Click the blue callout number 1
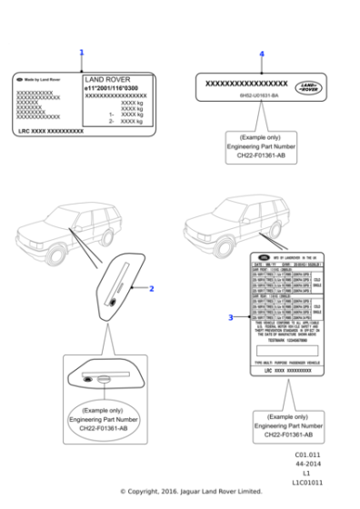tap(81, 53)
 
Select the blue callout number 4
tap(262, 55)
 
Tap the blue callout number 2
tap(151, 288)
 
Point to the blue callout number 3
tap(230, 317)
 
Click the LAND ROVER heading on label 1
tap(107, 79)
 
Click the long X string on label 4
tap(247, 84)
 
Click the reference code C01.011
tap(307, 454)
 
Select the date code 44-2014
tap(307, 464)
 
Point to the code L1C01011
tap(307, 483)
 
